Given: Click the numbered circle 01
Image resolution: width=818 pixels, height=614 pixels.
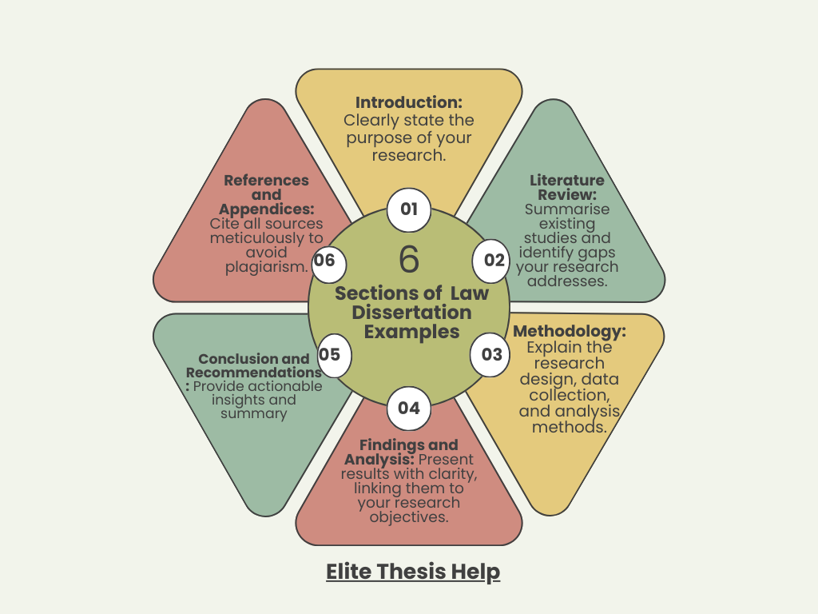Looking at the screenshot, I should pyautogui.click(x=409, y=210).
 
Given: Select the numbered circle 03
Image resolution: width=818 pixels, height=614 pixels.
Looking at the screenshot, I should pyautogui.click(x=490, y=354).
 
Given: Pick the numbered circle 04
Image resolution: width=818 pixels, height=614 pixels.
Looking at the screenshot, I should pyautogui.click(x=408, y=409).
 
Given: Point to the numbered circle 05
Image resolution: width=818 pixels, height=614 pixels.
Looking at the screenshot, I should pyautogui.click(x=330, y=353).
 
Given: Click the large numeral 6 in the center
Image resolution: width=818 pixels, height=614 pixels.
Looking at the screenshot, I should pyautogui.click(x=408, y=260).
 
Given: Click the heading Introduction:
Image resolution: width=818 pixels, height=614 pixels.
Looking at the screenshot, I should pyautogui.click(x=409, y=102).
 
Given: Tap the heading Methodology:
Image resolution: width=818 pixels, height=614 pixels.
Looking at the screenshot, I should pyautogui.click(x=570, y=332).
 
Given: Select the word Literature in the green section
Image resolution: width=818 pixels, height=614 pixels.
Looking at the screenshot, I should pyautogui.click(x=567, y=181).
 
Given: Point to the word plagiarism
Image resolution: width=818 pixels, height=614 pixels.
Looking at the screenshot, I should pyautogui.click(x=267, y=267).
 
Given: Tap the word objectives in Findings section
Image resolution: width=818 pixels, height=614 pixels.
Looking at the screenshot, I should pyautogui.click(x=409, y=517).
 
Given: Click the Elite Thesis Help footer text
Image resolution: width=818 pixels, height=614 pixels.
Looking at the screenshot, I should pyautogui.click(x=413, y=572).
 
